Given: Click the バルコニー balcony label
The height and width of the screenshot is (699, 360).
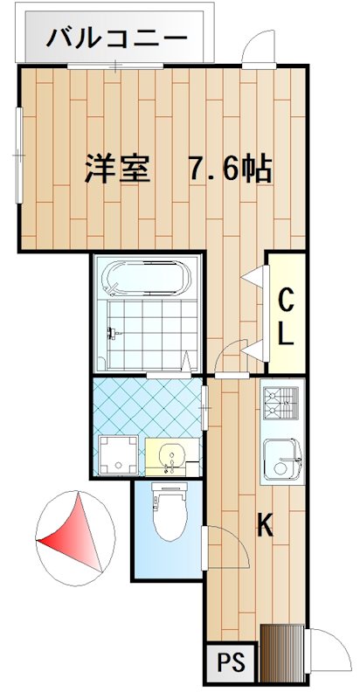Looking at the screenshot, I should tap(116, 38).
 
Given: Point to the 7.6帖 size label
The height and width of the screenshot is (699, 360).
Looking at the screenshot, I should tap(229, 168).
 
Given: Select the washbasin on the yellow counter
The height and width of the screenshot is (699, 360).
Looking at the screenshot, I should tap(171, 455).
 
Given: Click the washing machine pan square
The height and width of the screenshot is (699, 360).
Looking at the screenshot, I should tap(115, 455).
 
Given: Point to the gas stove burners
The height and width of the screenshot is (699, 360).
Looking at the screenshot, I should tap(280, 403).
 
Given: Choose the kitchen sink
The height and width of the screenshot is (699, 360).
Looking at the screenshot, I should tap(281, 458).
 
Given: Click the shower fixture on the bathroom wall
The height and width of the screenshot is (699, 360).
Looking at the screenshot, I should tap(112, 331).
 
